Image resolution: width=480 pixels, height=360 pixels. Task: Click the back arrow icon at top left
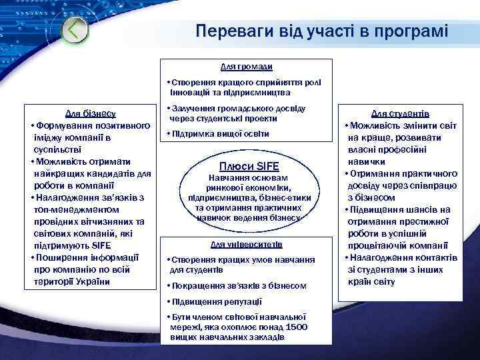pyautogui.click(x=77, y=30)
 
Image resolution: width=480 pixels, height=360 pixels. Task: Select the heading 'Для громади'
pyautogui.click(x=246, y=67)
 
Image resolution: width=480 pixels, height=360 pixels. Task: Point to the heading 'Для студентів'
pyautogui.click(x=400, y=114)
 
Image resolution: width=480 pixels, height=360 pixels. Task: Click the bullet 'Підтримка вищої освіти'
pyautogui.click(x=220, y=134)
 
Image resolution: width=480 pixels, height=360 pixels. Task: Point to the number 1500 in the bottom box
pyautogui.click(x=297, y=327)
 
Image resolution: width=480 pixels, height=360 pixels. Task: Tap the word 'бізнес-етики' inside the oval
pyautogui.click(x=278, y=198)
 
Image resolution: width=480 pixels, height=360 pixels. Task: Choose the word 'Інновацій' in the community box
pyautogui.click(x=190, y=91)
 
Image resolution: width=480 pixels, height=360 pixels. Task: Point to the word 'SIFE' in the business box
pyautogui.click(x=99, y=246)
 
